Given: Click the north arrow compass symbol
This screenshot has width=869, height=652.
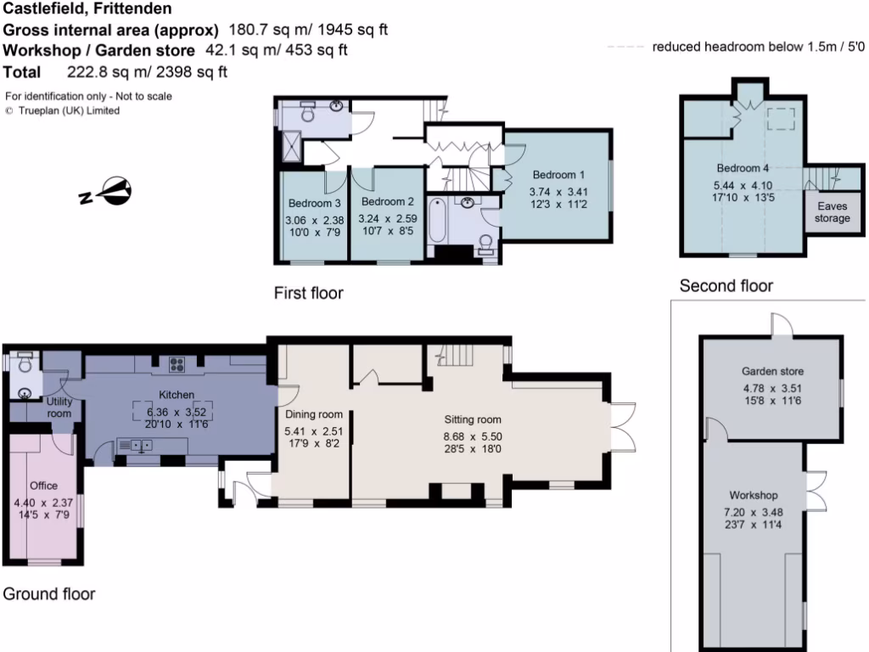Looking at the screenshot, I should (107, 194).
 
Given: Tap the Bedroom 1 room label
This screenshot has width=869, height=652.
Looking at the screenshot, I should (558, 175).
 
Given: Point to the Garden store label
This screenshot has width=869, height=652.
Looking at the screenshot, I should (772, 372).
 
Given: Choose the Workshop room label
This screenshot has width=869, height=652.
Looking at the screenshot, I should (754, 495).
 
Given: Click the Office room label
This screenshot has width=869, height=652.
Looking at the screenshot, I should (43, 486).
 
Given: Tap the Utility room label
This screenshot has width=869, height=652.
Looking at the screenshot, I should (59, 407).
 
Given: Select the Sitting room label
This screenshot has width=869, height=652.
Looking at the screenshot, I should (473, 419).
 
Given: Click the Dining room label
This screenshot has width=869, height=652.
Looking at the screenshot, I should (314, 414).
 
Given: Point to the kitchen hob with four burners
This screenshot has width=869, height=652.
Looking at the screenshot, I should (179, 365).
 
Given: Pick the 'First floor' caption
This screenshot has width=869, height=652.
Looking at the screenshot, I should (309, 293).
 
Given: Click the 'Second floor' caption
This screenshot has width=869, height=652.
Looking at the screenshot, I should (726, 286).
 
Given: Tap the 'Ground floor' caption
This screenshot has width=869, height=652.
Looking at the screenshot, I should (49, 593).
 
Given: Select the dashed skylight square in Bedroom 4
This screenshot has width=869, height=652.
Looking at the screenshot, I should (779, 120).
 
